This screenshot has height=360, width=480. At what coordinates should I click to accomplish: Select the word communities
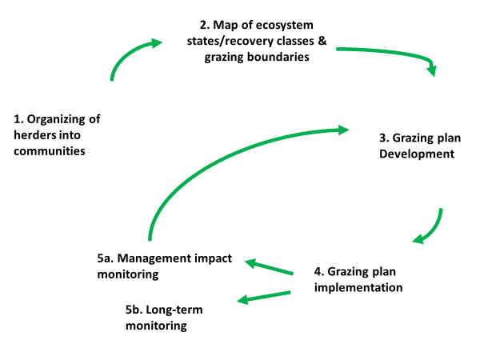[50, 151]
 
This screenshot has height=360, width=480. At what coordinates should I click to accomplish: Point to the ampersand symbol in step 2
[322, 41]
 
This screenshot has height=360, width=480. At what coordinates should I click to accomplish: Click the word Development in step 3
[417, 154]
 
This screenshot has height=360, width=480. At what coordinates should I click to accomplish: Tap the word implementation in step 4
[358, 287]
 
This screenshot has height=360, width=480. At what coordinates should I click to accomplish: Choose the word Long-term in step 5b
[174, 310]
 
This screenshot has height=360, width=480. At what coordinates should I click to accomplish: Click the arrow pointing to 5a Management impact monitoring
[269, 266]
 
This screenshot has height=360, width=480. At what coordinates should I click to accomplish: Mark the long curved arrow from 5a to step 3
[214, 159]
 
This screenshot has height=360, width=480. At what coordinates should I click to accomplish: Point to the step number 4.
[319, 272]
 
